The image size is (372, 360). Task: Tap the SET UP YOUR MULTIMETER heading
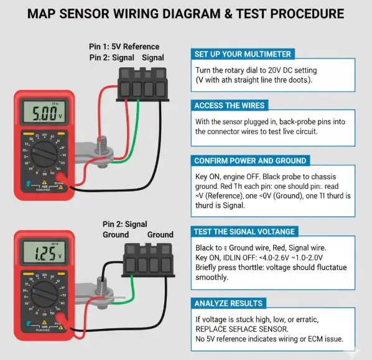(243, 53)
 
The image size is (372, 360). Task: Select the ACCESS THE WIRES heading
(230, 105)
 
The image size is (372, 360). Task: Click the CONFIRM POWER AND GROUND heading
(250, 160)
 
